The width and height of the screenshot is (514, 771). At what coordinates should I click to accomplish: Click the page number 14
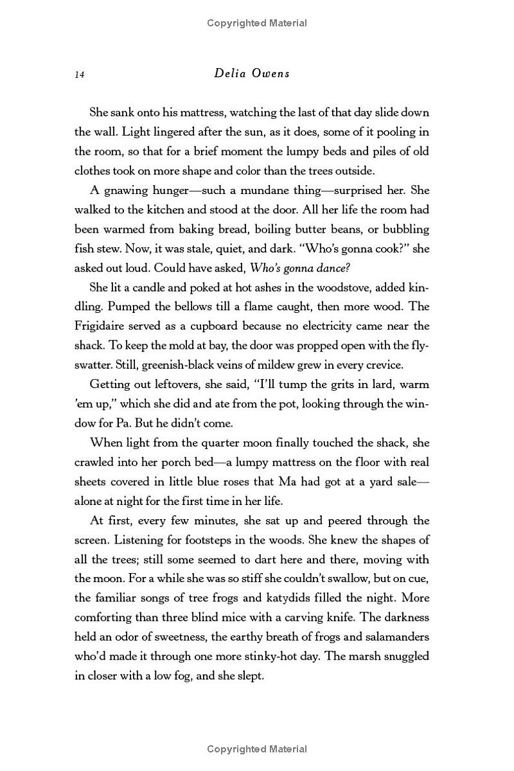pos(80,75)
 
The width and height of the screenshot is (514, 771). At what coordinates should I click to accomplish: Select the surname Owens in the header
pos(272,73)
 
